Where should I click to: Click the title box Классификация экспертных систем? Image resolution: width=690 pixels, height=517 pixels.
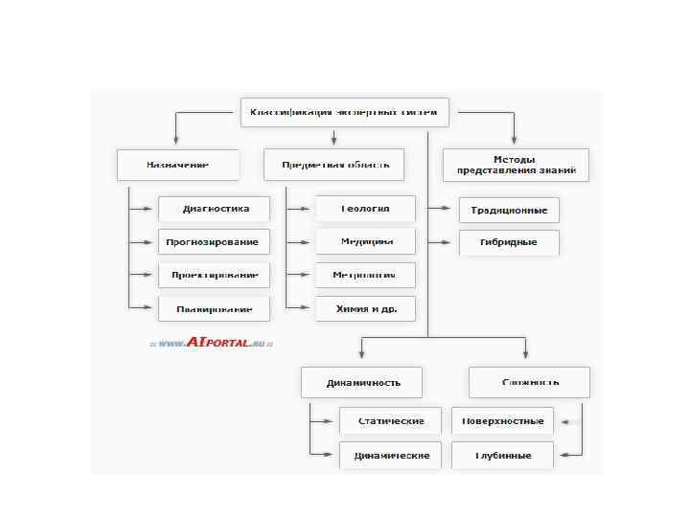(343, 112)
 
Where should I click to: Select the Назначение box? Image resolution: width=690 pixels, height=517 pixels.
(177, 165)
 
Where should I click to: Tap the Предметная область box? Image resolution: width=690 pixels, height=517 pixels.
(333, 165)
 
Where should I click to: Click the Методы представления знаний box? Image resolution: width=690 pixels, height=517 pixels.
(516, 165)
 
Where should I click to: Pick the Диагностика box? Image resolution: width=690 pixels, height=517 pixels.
(215, 209)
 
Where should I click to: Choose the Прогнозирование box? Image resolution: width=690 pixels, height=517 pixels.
(215, 242)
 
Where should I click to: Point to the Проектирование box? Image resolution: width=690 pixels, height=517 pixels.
(215, 276)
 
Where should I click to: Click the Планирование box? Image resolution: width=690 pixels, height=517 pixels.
(215, 309)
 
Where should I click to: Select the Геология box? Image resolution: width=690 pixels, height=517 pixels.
(365, 209)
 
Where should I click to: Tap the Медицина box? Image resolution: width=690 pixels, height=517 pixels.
(365, 242)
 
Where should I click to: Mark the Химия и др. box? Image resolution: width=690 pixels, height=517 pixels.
(365, 309)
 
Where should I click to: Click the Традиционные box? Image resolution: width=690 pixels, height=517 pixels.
(509, 210)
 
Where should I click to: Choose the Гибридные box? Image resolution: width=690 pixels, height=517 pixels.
(509, 242)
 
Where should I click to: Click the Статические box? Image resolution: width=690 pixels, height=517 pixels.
(390, 421)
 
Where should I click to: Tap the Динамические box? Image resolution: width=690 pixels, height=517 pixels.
(390, 455)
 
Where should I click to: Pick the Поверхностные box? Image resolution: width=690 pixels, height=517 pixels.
(503, 421)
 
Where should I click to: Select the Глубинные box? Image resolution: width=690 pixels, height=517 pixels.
(503, 455)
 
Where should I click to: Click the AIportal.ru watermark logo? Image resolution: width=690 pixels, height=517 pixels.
(211, 342)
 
